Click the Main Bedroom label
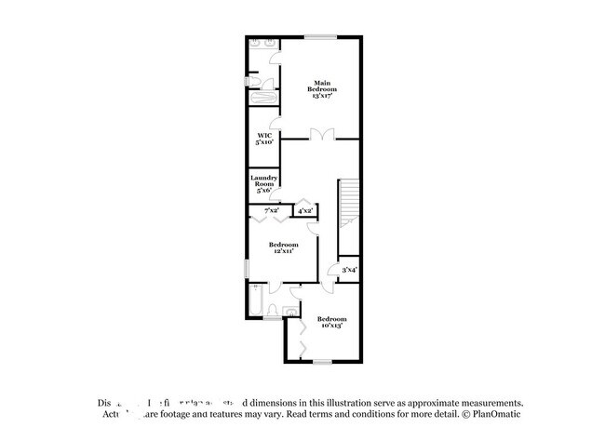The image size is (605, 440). (x=321, y=87)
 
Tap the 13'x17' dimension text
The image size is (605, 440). (x=321, y=95)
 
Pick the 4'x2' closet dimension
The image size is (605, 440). (x=304, y=212)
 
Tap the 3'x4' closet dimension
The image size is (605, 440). (x=349, y=270)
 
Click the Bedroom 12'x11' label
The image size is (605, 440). (x=284, y=247)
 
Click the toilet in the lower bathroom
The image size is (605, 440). (x=271, y=311)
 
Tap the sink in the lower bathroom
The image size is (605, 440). (x=290, y=309)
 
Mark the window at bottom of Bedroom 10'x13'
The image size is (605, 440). (x=323, y=361)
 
